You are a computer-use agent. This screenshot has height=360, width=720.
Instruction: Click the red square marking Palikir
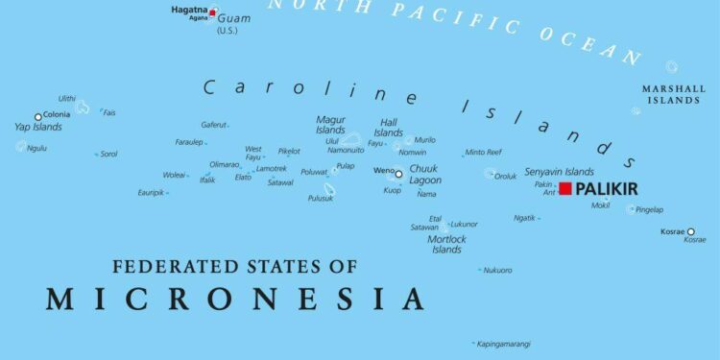pyautogui.click(x=565, y=188)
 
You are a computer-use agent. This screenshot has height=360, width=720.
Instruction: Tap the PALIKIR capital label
pyautogui.click(x=606, y=189)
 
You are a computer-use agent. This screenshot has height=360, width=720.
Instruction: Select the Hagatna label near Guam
pyautogui.click(x=188, y=9)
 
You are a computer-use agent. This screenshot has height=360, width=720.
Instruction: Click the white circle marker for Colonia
pyautogui.click(x=38, y=117)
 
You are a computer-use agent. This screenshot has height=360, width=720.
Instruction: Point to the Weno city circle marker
pyautogui.click(x=399, y=174)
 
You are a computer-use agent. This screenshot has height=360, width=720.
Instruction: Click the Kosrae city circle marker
pyautogui.click(x=690, y=231)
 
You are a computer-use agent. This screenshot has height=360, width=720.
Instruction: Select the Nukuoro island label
pyautogui.click(x=497, y=270)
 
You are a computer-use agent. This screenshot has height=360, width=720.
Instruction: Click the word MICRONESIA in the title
pyautogui.click(x=235, y=299)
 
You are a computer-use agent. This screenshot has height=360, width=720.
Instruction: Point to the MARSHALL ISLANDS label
pyautogui.click(x=673, y=94)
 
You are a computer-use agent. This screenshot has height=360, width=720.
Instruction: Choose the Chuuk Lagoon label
pyautogui.click(x=425, y=175)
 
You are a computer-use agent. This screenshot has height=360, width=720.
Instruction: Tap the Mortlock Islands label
pyautogui.click(x=446, y=244)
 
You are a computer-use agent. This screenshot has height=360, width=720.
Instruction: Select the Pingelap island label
pyautogui.click(x=650, y=209)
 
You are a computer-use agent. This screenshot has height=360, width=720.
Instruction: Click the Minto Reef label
pyautogui.click(x=483, y=153)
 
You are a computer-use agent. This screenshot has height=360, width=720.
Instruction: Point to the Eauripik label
pyautogui.click(x=151, y=193)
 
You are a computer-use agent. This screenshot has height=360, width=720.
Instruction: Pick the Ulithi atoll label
pyautogui.click(x=66, y=98)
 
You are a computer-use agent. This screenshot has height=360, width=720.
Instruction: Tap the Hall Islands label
pyautogui.click(x=389, y=128)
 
